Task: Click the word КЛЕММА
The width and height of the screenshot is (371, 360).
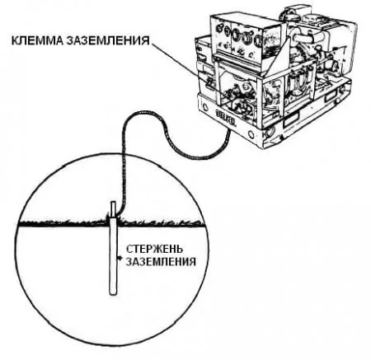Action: [38, 40]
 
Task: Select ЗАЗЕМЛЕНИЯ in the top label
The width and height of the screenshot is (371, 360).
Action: [108, 40]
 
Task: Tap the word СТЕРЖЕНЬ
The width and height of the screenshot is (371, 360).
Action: [155, 249]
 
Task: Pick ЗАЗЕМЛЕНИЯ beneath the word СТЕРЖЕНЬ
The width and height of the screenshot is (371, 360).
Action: [161, 261]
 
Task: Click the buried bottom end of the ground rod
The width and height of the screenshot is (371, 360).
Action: [113, 294]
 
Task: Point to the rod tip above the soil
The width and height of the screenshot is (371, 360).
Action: [113, 203]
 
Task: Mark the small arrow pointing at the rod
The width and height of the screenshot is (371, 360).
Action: [119, 258]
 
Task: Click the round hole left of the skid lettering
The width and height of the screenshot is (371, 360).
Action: [204, 105]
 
